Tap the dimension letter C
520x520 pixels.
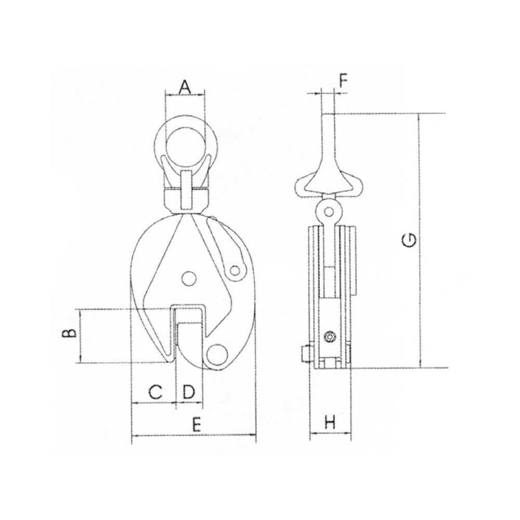pyautogui.click(x=155, y=392)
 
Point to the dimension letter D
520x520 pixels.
pyautogui.click(x=188, y=392)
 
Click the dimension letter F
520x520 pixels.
pyautogui.click(x=344, y=81)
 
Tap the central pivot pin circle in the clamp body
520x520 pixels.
pyautogui.click(x=189, y=278)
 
